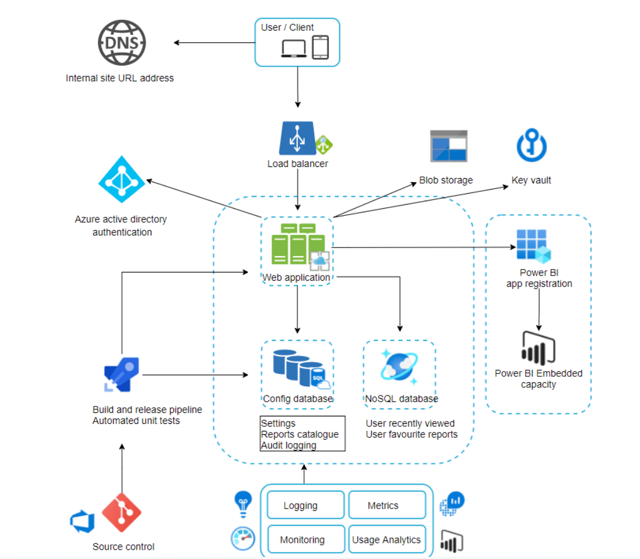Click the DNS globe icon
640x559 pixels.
click(122, 42)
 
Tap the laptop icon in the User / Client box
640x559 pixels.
click(294, 48)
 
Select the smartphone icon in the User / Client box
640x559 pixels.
click(321, 47)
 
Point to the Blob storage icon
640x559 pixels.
click(448, 146)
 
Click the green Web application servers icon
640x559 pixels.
click(298, 244)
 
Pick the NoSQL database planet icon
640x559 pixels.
click(399, 367)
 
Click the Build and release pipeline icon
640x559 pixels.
click(122, 375)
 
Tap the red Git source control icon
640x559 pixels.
click(122, 513)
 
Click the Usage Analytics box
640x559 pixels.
click(387, 540)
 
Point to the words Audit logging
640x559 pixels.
click(289, 445)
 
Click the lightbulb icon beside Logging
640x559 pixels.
click(242, 503)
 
